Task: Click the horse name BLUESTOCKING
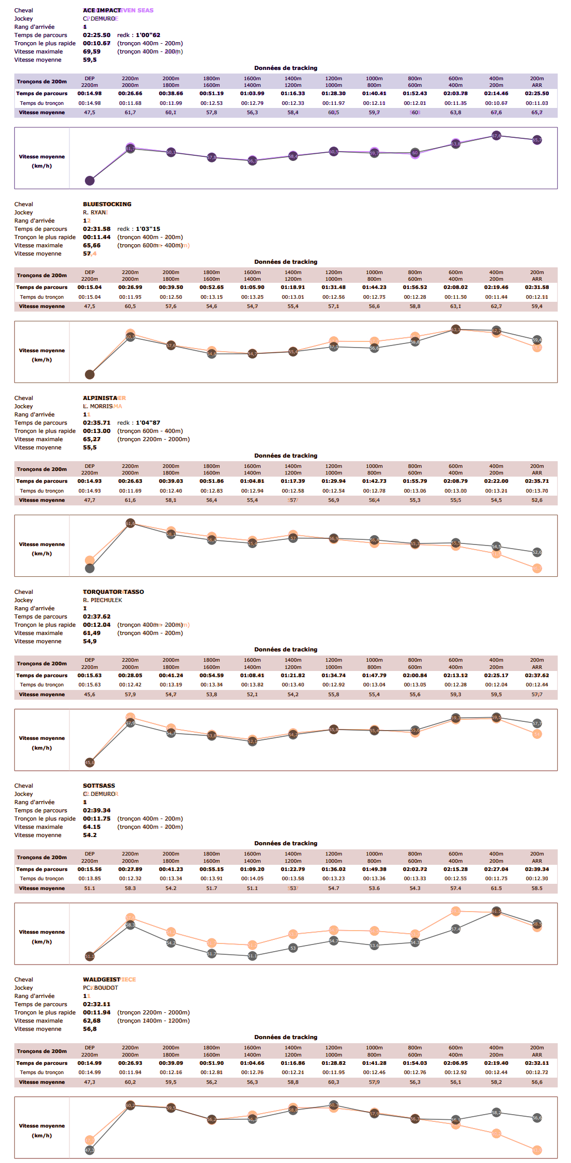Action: (107, 204)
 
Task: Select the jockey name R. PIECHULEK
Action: (102, 600)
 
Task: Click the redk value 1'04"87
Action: (148, 423)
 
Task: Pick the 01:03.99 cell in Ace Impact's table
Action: (252, 94)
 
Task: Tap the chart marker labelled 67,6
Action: (496, 136)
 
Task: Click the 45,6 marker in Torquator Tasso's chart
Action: (90, 762)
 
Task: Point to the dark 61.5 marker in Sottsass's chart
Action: (496, 911)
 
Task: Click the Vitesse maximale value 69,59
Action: (92, 51)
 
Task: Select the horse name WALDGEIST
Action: (101, 979)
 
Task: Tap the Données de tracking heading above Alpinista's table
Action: (285, 456)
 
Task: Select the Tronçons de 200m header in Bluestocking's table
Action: (42, 276)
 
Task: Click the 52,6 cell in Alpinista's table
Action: (537, 500)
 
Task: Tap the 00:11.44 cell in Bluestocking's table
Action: (496, 297)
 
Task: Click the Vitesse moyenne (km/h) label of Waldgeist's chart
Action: (42, 1130)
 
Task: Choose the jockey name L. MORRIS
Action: (98, 406)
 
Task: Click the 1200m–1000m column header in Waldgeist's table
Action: (333, 1051)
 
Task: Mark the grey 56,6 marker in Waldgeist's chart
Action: (537, 1118)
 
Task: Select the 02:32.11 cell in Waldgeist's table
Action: (537, 1063)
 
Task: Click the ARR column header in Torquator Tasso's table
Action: (537, 667)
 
